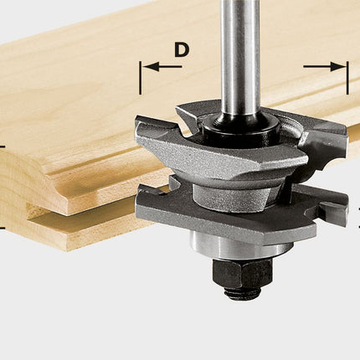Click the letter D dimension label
[181, 50]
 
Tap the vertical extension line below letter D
[140, 80]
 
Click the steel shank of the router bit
[239, 50]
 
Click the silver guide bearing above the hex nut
[239, 245]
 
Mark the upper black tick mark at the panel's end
[3, 147]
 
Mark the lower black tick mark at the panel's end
[3, 228]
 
